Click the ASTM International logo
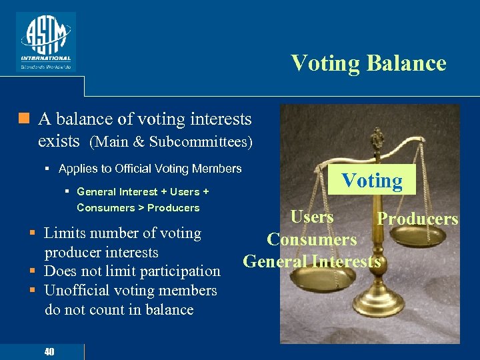click(45, 41)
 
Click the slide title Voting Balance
click(368, 63)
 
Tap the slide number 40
click(49, 352)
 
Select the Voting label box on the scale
click(372, 181)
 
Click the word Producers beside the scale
click(417, 219)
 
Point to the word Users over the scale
click(312, 217)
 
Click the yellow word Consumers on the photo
click(312, 239)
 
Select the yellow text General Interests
click(312, 261)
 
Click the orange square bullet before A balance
click(24, 119)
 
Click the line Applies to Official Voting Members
click(150, 169)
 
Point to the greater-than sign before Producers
click(141, 208)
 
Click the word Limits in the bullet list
click(65, 233)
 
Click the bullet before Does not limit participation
click(32, 271)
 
